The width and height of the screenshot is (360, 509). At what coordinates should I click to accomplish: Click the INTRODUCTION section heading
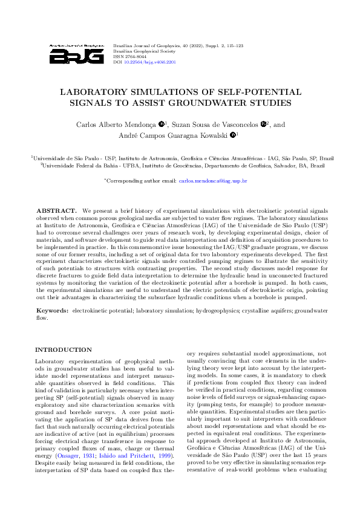pyautogui.click(x=64, y=350)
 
